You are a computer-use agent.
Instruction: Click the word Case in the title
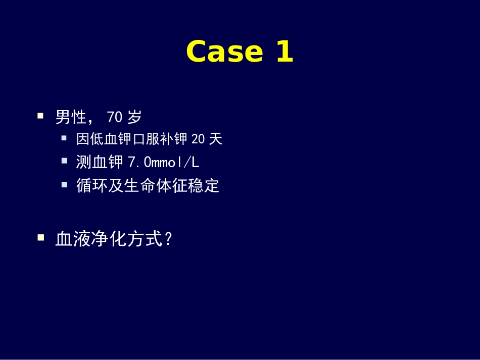point(224,52)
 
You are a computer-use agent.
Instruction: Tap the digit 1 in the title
point(285,52)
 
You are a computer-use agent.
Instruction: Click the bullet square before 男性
point(40,116)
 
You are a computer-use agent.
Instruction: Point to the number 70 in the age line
point(115,118)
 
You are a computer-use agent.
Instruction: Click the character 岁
point(134,118)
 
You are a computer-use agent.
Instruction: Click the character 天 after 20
point(216,139)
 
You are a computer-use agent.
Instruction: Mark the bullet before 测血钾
point(64,161)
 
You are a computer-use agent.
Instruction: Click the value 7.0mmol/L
point(163,162)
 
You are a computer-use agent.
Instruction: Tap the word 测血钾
point(100,162)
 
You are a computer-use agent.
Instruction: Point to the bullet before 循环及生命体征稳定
point(64,184)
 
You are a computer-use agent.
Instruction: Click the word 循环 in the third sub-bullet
point(88,186)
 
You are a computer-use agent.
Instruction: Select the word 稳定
point(207,186)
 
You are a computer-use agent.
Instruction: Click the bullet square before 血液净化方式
point(40,237)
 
